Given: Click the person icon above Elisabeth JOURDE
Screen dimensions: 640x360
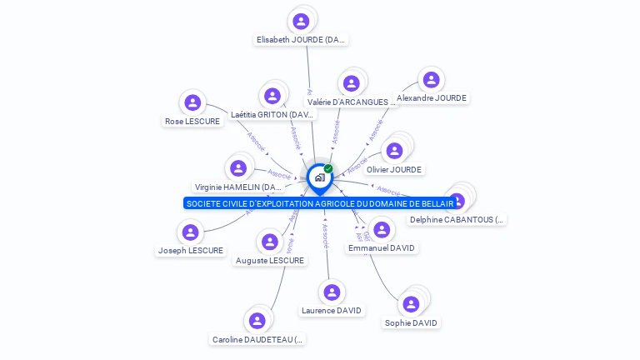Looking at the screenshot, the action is tap(301, 22).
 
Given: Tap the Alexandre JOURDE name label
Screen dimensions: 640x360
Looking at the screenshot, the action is tap(432, 97).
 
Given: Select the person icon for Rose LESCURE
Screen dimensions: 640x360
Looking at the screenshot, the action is tap(192, 103).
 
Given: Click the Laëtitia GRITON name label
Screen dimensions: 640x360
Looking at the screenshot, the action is tap(272, 114).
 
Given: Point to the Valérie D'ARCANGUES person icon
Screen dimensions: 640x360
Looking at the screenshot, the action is tap(351, 83).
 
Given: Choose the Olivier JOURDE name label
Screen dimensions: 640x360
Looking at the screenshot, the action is tap(394, 169).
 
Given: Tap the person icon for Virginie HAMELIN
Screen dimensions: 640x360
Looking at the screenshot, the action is tap(238, 169).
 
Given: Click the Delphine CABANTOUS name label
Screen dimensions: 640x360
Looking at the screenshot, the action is tap(457, 220).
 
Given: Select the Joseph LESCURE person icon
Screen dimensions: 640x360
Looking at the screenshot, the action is tap(190, 232).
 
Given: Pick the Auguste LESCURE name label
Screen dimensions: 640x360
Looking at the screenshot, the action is tap(270, 260).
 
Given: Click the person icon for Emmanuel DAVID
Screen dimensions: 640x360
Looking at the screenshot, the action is tap(382, 230).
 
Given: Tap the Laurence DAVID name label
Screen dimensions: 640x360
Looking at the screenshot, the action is tap(332, 311).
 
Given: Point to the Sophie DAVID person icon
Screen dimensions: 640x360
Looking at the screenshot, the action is tap(411, 305).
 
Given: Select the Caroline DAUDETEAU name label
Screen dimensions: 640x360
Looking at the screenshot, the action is tap(257, 339).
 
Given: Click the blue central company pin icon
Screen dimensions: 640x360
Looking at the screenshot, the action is tap(318, 177).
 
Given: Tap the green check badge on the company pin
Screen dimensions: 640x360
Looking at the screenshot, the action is tap(328, 168).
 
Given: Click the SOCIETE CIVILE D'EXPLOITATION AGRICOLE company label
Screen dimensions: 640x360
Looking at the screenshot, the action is tap(320, 203).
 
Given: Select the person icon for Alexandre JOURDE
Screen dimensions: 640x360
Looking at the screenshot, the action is tap(431, 80).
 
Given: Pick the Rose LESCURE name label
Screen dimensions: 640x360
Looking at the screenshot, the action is tap(192, 121).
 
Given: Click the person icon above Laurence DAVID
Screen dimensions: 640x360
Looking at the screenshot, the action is tap(332, 292).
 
